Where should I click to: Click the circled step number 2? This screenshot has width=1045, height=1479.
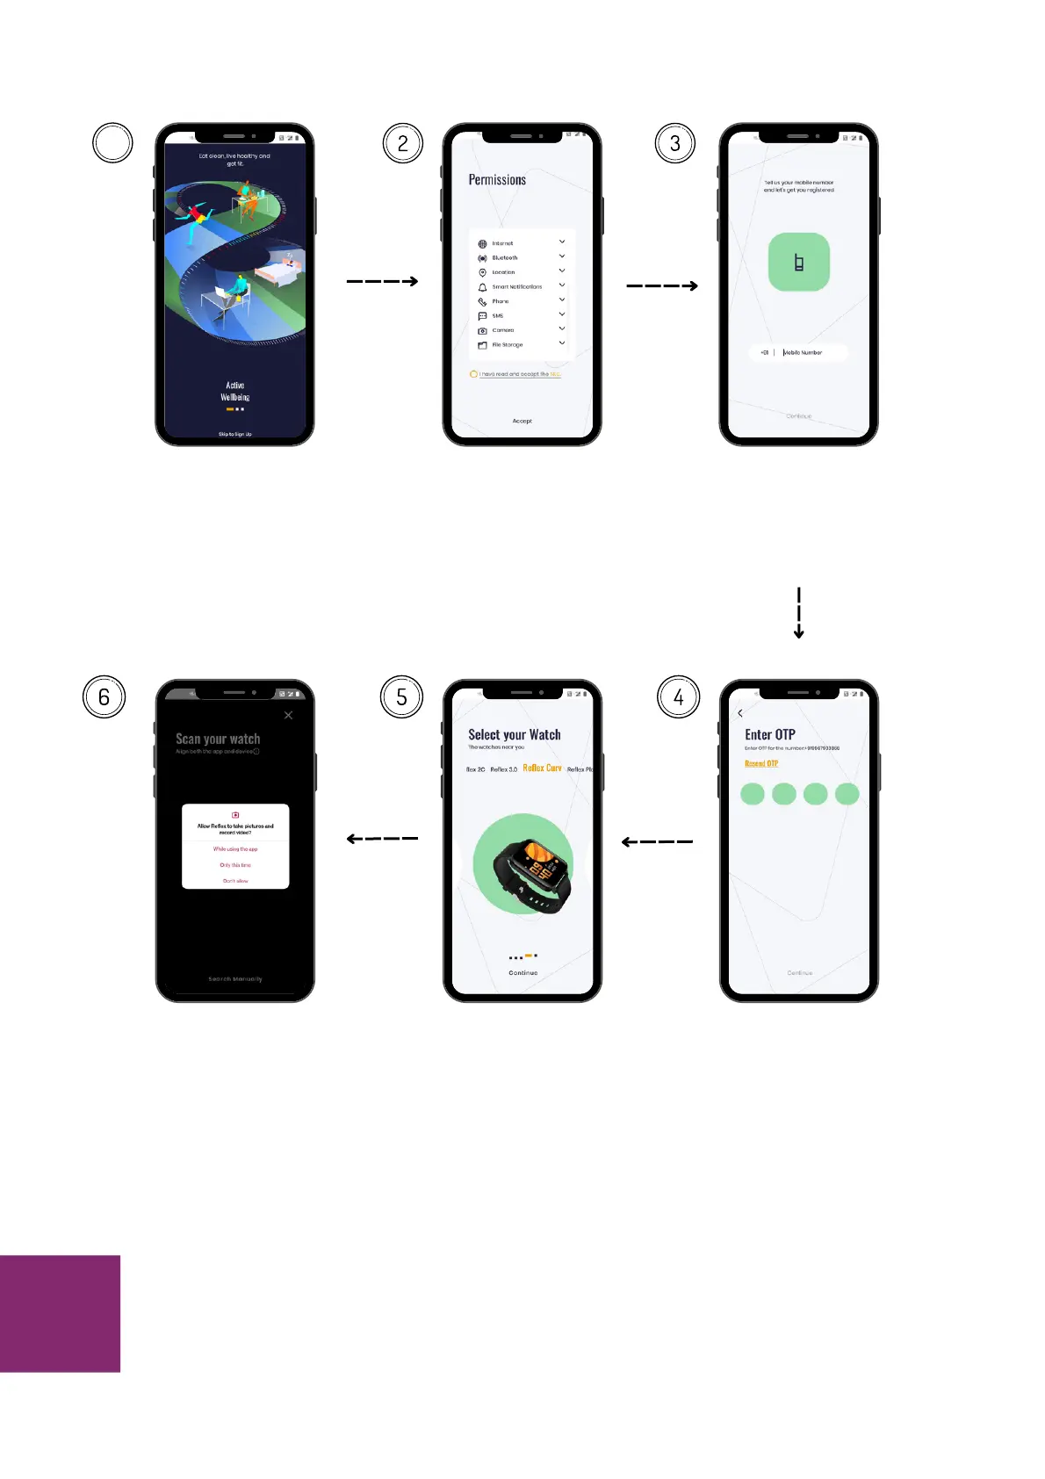click(x=403, y=144)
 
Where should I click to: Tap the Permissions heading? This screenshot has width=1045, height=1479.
click(x=497, y=180)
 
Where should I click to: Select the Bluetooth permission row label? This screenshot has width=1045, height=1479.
click(x=505, y=258)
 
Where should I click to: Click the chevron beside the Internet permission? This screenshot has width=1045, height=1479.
click(x=562, y=242)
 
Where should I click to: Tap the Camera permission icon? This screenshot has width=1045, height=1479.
click(x=482, y=331)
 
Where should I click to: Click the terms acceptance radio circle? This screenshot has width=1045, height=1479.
click(x=473, y=374)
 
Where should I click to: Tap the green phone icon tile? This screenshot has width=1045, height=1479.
click(x=798, y=262)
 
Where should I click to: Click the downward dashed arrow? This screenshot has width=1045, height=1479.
click(x=798, y=613)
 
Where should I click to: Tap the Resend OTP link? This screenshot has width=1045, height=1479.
click(x=761, y=764)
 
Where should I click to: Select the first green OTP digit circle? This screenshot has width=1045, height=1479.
click(x=753, y=794)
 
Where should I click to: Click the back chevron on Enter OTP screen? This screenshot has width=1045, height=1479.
click(x=740, y=713)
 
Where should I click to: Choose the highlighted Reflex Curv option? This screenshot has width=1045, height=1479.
click(x=542, y=768)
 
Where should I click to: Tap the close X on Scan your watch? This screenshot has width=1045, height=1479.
click(x=288, y=716)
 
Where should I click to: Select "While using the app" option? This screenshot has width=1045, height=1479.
click(x=235, y=849)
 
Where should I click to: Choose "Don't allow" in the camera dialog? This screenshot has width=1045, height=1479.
click(x=235, y=881)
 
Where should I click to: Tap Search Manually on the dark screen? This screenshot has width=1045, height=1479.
click(x=235, y=979)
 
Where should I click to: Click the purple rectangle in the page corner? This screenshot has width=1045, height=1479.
click(x=60, y=1313)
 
